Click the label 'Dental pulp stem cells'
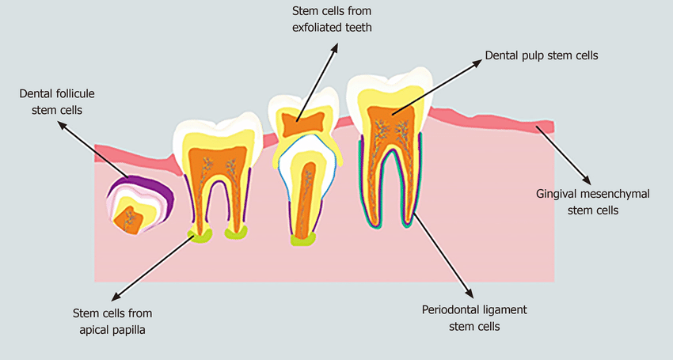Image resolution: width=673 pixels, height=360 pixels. (542, 56)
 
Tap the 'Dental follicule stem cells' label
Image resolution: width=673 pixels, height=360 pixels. (57, 102)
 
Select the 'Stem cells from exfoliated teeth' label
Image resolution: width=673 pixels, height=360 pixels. (332, 19)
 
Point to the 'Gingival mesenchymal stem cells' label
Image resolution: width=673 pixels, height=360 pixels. (593, 202)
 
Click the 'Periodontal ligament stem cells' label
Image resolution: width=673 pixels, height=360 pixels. (474, 318)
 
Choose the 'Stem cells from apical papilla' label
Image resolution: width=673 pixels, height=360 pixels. (112, 321)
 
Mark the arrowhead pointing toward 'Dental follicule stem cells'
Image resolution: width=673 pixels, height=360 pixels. (63, 125)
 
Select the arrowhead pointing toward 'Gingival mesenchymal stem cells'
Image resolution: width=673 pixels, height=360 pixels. (586, 180)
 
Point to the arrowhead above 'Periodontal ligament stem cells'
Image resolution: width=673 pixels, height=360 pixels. (469, 294)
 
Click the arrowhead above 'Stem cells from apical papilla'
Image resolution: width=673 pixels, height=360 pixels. (116, 296)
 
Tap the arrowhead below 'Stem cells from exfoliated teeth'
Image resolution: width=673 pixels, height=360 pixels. (334, 47)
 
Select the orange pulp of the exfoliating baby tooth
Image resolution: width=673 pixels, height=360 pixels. (302, 123)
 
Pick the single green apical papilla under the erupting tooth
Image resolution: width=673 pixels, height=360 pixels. (303, 241)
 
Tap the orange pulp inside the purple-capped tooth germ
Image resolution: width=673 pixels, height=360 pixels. (129, 220)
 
